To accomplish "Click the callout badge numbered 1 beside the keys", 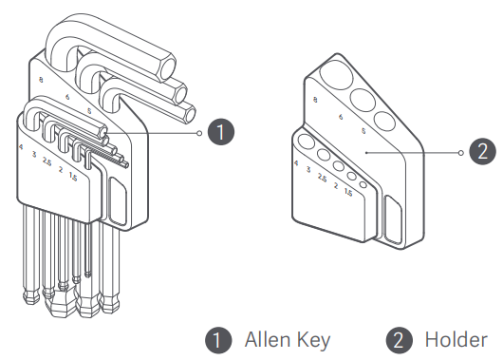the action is (221, 132).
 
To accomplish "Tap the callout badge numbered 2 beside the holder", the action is (482, 152).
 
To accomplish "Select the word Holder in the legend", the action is (456, 340).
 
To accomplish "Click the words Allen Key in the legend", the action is (288, 340).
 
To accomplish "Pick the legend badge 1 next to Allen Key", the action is (218, 340).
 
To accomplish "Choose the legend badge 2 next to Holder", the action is (399, 340).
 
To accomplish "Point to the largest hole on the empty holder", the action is (337, 75).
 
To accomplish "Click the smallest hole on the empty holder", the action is (363, 184).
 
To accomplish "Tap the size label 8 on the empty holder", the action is (315, 100).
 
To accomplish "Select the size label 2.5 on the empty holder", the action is (322, 178).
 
